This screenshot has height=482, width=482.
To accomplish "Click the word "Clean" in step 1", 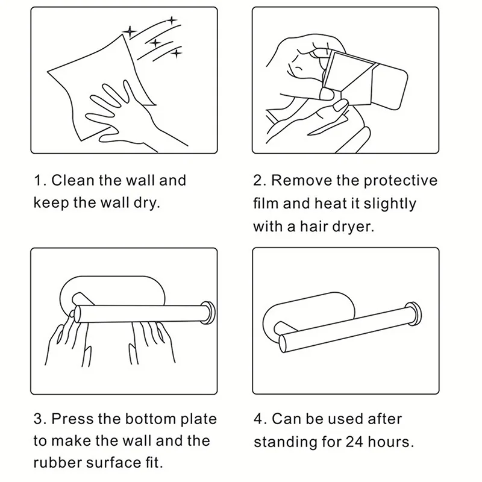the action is [72, 180].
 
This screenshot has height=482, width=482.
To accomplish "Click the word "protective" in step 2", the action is [401, 181].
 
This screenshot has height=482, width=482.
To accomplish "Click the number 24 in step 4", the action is [354, 442].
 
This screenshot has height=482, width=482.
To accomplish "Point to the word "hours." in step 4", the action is [390, 442].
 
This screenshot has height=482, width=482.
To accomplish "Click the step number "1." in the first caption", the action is [40, 180].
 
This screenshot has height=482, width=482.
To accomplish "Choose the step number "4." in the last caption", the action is [261, 419].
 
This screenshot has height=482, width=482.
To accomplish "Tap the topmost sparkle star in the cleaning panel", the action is [172, 20].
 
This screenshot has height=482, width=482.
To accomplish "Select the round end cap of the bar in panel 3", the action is [208, 313].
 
